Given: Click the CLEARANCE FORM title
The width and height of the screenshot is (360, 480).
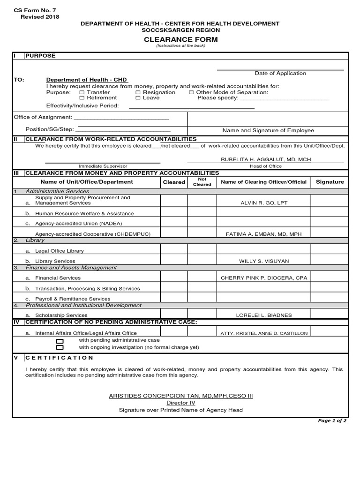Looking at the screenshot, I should point(180,40).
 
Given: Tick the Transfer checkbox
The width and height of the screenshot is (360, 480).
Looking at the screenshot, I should point(82,93).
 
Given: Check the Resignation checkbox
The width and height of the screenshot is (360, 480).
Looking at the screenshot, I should point(138,93).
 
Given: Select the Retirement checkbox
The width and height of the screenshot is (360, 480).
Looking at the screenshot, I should point(82,98).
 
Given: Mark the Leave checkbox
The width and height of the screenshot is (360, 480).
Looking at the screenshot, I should point(138,98).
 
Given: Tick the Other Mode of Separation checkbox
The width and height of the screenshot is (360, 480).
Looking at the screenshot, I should point(191,93).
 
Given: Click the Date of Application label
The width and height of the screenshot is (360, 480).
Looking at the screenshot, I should point(280,74).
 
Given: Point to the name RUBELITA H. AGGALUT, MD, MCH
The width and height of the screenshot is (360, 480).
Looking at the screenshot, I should point(266,160).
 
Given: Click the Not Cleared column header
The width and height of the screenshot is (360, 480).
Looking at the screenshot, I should point(202,182).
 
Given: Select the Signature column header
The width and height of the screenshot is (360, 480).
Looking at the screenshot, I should point(330,182).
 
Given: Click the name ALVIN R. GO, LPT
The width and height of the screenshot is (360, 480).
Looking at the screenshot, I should point(263,203).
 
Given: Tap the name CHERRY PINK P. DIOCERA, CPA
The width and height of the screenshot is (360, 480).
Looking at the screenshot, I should point(264,278).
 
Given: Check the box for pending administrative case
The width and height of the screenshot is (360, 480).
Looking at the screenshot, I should point(60,341).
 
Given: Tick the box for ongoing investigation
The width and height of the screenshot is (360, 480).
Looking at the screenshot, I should point(60,347).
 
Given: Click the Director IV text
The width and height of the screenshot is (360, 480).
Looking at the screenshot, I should point(180,403).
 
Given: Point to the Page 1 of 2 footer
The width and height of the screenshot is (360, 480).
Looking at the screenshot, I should point(332,421).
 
